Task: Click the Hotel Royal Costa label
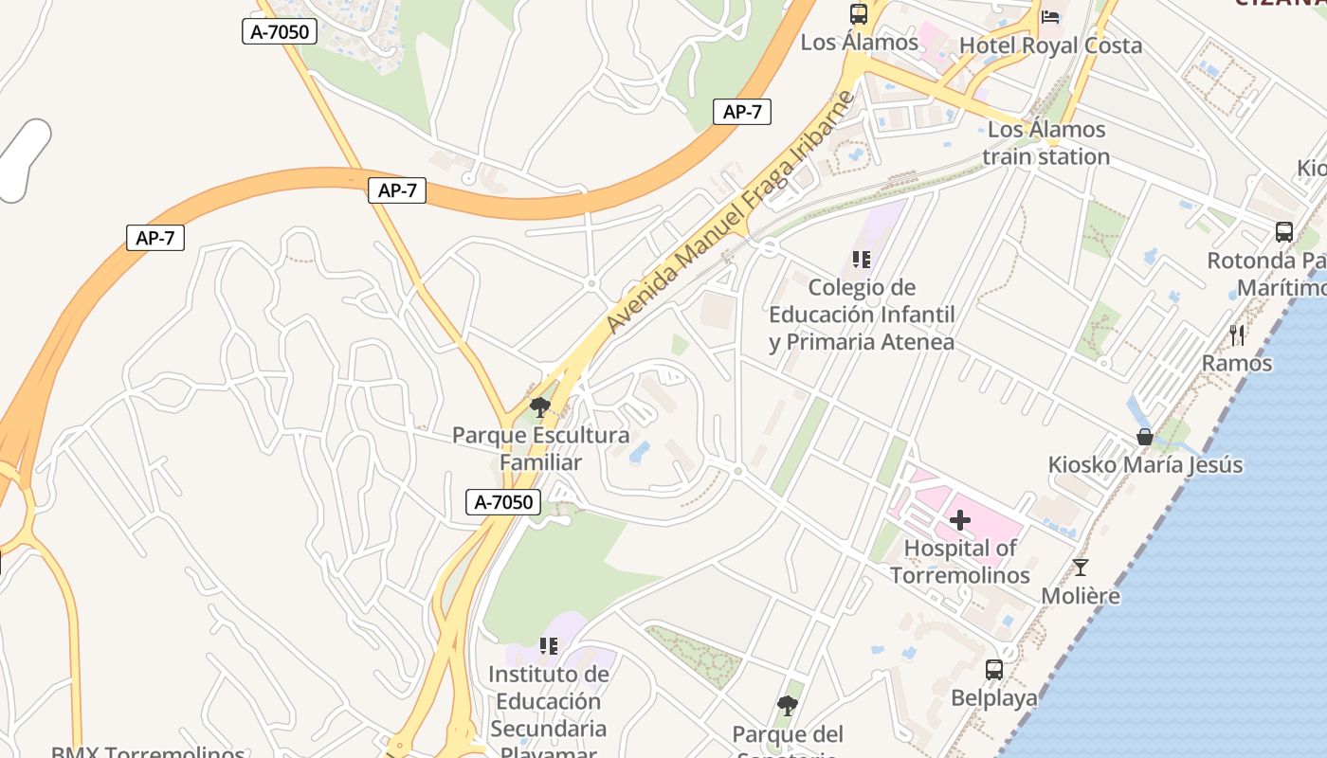tap(1050, 45)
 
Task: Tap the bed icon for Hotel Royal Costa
tap(1050, 16)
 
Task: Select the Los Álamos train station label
tap(1046, 143)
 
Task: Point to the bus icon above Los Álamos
tap(859, 14)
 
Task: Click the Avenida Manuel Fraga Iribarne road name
tap(730, 212)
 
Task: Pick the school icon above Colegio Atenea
tap(861, 259)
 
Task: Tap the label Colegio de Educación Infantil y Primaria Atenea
tap(861, 315)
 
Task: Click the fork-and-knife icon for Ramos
tap(1237, 334)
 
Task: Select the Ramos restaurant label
tap(1237, 363)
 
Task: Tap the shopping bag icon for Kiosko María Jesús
tap(1145, 437)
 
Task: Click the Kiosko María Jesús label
tap(1145, 465)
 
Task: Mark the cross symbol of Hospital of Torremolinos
tap(960, 519)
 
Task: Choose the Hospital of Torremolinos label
tap(960, 561)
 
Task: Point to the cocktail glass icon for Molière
tap(1081, 568)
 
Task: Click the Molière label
tap(1081, 596)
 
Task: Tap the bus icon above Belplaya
tap(994, 670)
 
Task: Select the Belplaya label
tap(994, 698)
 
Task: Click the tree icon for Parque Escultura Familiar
tap(540, 408)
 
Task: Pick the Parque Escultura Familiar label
tap(540, 449)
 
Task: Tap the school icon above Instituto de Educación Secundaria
tap(548, 646)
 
